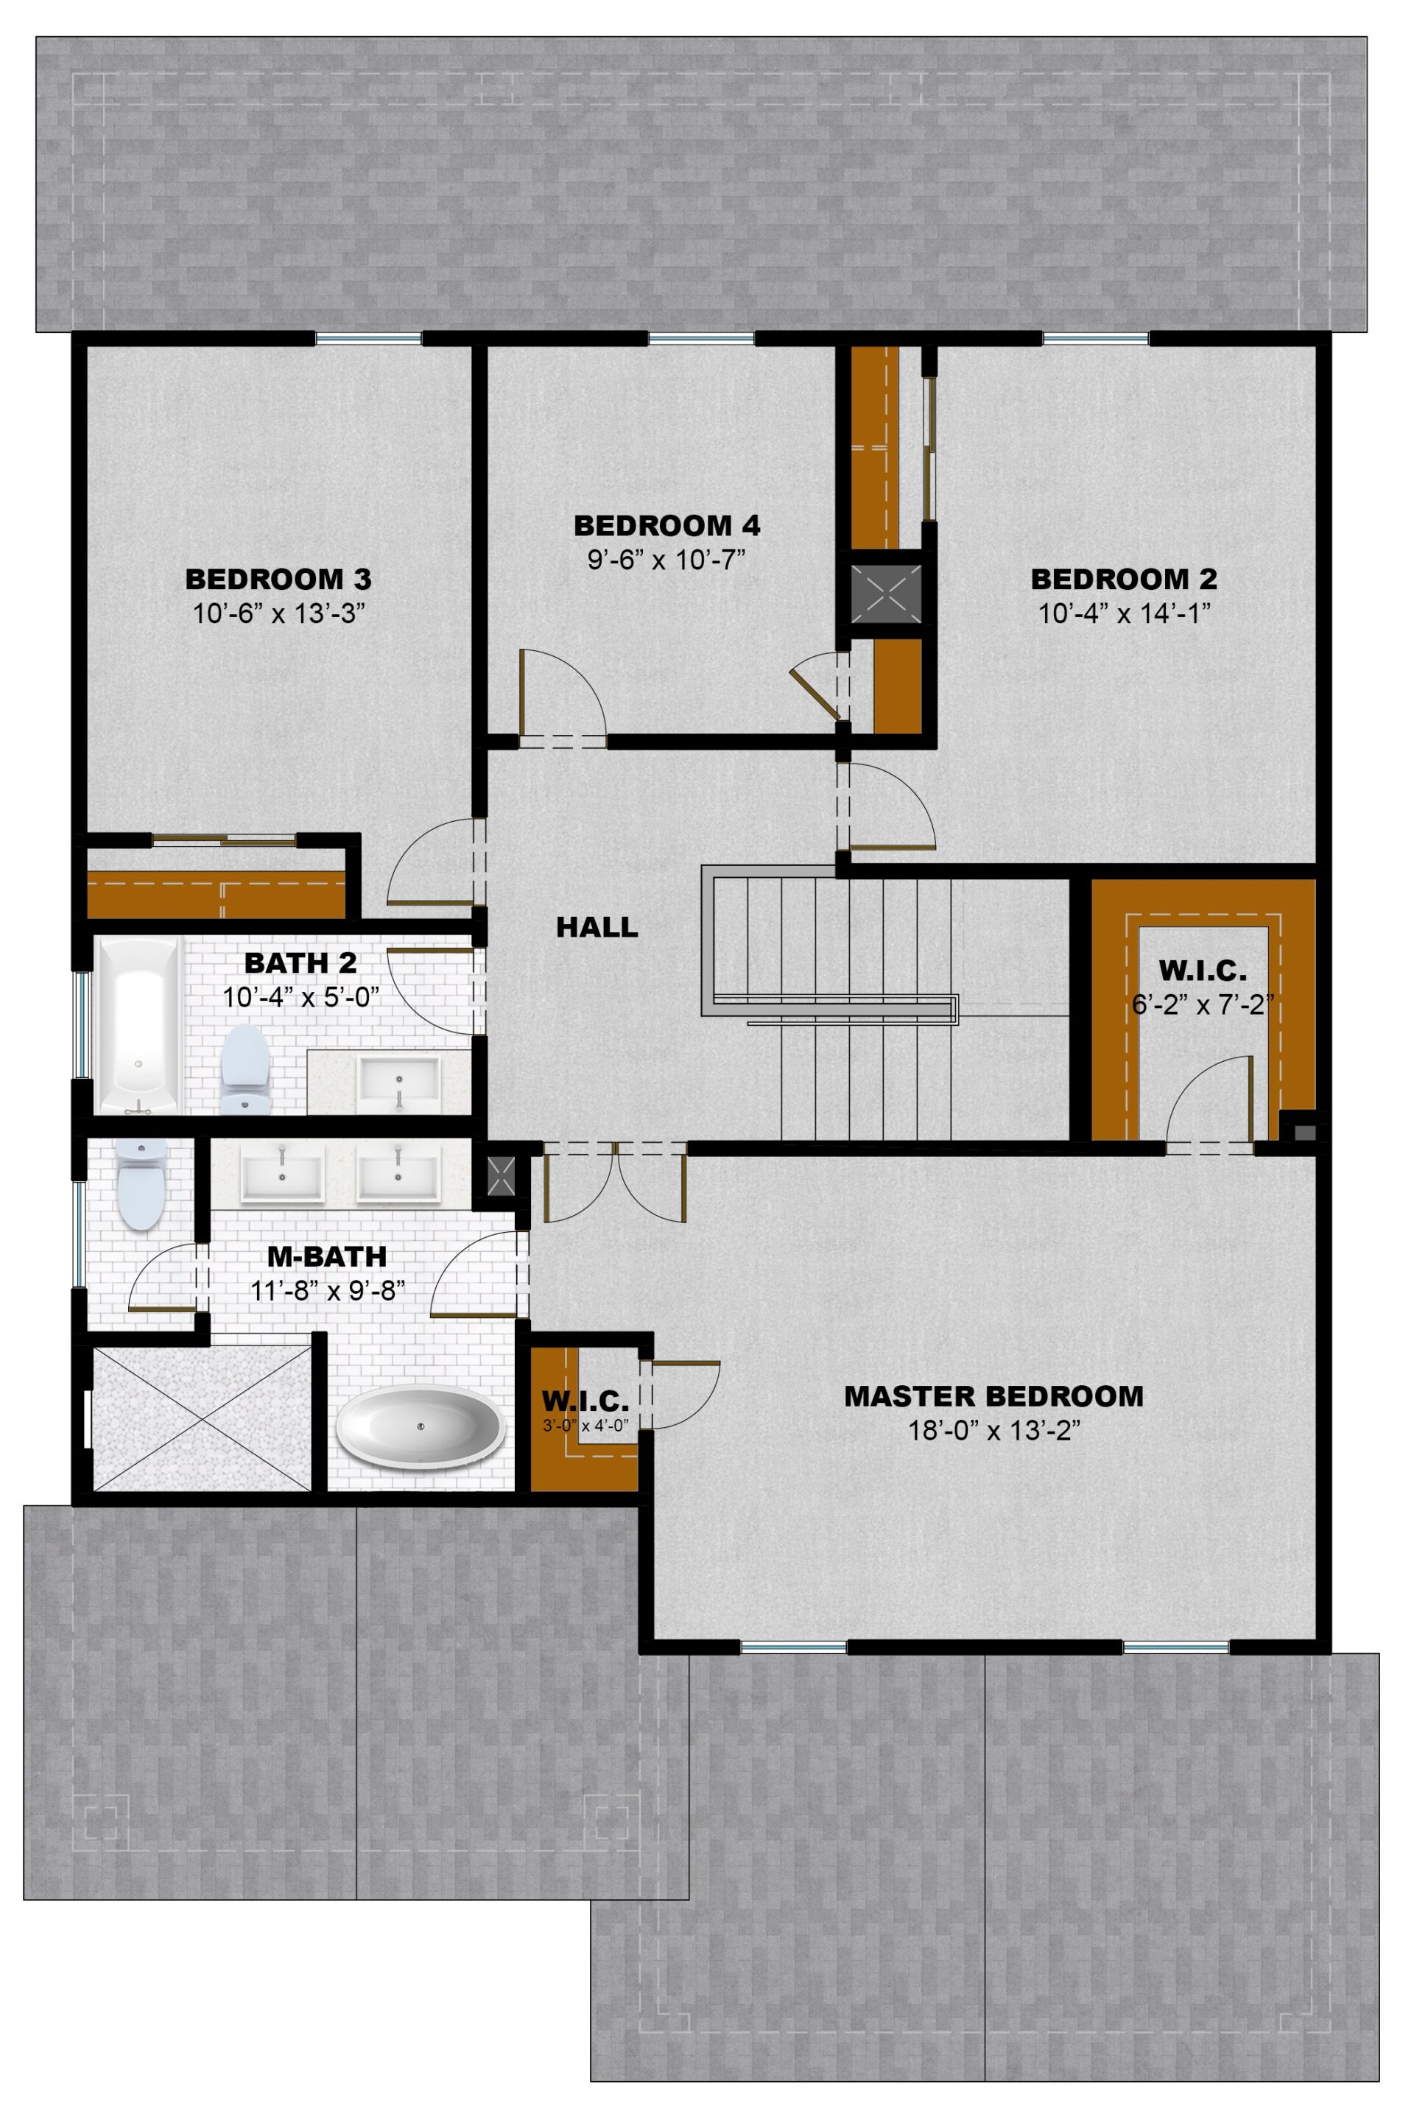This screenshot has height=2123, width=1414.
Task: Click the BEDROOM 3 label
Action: click(278, 578)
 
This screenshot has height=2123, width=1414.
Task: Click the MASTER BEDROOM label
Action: click(993, 1396)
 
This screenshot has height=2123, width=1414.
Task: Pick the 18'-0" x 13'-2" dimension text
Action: click(993, 1432)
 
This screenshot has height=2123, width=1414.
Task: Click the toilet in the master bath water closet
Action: click(142, 1183)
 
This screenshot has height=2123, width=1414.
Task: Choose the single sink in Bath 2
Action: click(399, 1082)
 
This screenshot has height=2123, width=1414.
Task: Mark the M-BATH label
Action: click(327, 1256)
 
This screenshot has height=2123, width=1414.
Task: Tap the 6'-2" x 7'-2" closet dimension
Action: click(1202, 1004)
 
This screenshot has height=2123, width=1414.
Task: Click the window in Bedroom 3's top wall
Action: click(369, 339)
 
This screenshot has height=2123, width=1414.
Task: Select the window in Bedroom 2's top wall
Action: click(1096, 339)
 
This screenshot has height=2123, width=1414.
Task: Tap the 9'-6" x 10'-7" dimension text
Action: click(666, 560)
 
